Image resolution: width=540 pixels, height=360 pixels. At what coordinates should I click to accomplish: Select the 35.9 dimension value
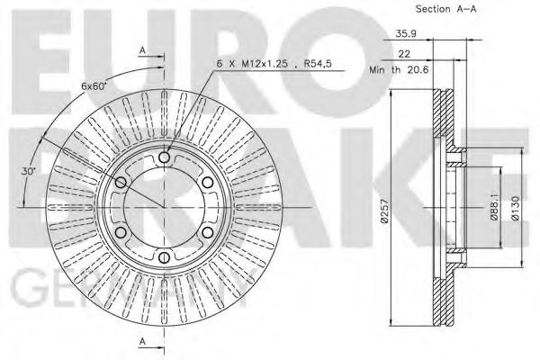[405, 36]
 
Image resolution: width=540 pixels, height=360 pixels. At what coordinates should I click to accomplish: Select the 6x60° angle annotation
[94, 86]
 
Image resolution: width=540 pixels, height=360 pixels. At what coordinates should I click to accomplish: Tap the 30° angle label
[29, 169]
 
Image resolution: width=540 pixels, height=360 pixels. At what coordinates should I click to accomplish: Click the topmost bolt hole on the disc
[164, 158]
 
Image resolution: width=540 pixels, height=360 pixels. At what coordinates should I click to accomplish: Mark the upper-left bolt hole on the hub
[121, 184]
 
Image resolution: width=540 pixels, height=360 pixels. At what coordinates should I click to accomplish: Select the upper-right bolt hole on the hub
[207, 184]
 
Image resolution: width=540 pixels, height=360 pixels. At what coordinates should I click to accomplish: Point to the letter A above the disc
[143, 50]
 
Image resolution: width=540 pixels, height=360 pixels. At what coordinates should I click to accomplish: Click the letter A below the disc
[143, 341]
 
